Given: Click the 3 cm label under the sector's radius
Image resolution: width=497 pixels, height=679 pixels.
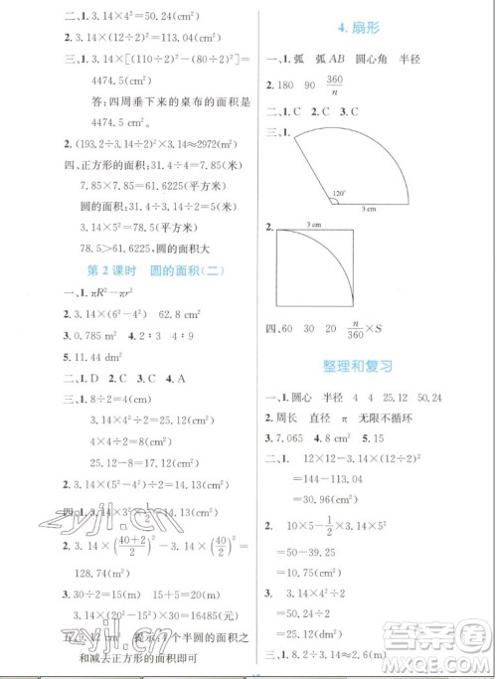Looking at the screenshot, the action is tap(368, 208).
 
